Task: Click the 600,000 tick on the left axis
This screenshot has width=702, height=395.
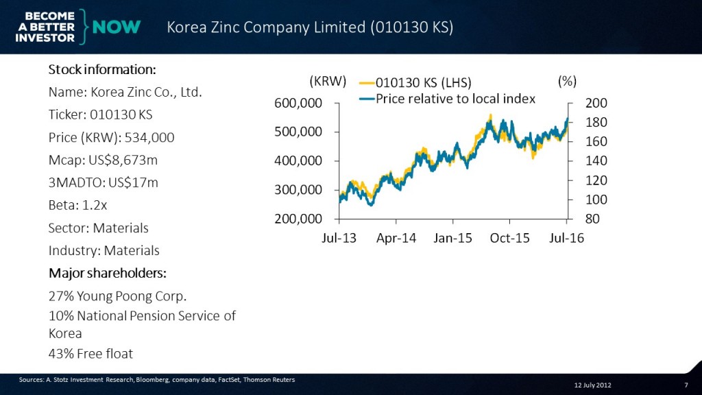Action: coord(299,103)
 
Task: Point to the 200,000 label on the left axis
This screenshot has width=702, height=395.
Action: coord(299,219)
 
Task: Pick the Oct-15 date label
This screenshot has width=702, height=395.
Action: coord(510,239)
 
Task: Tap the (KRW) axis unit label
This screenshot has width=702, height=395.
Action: coord(328,81)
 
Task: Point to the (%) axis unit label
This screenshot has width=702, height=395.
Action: coord(568,81)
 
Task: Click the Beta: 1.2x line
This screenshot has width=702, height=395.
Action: coord(77,205)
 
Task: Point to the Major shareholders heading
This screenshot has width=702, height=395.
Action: coord(108,273)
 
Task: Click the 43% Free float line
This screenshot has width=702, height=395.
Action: coord(90,354)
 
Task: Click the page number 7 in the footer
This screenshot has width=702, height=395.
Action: coord(686,385)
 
